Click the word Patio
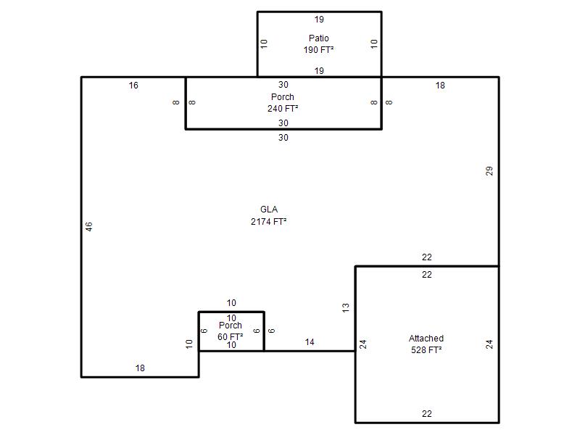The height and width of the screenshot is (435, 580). pyautogui.click(x=319, y=38)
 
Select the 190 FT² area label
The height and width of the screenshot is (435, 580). pyautogui.click(x=319, y=49)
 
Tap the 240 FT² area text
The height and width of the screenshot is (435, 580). pyautogui.click(x=283, y=108)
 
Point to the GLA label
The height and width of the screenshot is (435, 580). pyautogui.click(x=269, y=210)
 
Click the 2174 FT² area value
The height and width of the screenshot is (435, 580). pyautogui.click(x=269, y=222)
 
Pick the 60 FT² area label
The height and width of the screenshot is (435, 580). pyautogui.click(x=231, y=336)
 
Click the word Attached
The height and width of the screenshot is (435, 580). pyautogui.click(x=426, y=338)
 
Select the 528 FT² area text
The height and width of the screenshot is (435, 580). pyautogui.click(x=426, y=350)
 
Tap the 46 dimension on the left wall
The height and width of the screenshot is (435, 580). pyautogui.click(x=88, y=227)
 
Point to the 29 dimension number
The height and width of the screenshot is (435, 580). pyautogui.click(x=489, y=171)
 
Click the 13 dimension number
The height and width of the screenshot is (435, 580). pyautogui.click(x=346, y=307)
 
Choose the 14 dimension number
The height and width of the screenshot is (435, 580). pyautogui.click(x=310, y=342)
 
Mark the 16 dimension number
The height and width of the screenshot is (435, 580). pyautogui.click(x=133, y=86)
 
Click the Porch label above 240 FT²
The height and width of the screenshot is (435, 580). pyautogui.click(x=283, y=97)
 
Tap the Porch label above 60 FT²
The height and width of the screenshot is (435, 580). pyautogui.click(x=231, y=326)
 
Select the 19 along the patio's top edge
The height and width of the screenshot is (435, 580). pyautogui.click(x=319, y=20)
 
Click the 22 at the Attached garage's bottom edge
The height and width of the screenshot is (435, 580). pyautogui.click(x=427, y=414)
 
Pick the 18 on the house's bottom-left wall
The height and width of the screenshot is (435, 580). pyautogui.click(x=140, y=368)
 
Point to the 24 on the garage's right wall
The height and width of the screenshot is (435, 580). pyautogui.click(x=489, y=344)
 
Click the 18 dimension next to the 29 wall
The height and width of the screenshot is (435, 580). pyautogui.click(x=440, y=86)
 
